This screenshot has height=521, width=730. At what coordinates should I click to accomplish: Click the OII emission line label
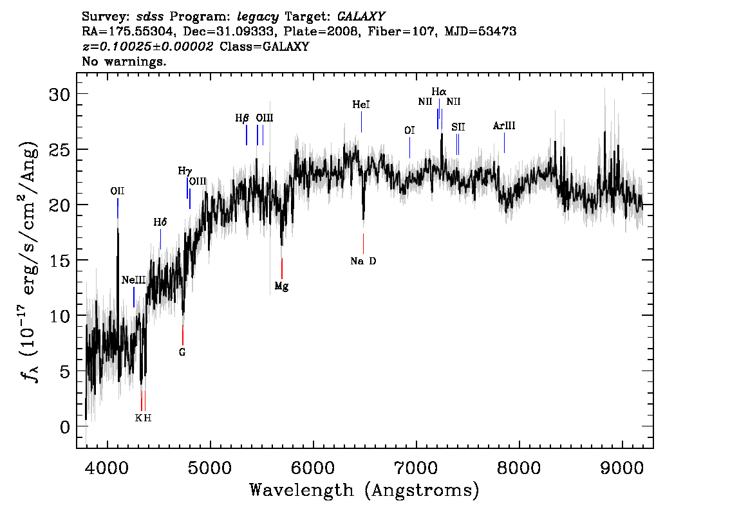tap(117, 191)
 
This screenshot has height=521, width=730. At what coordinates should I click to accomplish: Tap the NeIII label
tap(134, 280)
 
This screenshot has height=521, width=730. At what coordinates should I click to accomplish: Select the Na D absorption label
tap(363, 261)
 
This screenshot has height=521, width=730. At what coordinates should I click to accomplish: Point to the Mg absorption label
tap(282, 286)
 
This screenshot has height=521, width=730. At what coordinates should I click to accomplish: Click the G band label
tap(182, 352)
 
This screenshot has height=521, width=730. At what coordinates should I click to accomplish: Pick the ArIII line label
tap(504, 125)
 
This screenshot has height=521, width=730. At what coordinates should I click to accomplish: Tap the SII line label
tap(458, 127)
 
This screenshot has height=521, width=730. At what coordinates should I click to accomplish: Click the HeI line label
tap(361, 105)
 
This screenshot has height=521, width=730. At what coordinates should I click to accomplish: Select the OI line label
tap(409, 131)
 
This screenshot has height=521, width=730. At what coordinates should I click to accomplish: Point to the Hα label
tap(438, 91)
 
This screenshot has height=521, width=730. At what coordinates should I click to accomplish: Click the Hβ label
tap(242, 118)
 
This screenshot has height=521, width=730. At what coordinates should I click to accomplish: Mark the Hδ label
tap(160, 223)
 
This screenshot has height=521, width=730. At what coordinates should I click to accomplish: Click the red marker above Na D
tap(363, 244)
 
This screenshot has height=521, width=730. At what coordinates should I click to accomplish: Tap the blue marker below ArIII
tap(504, 143)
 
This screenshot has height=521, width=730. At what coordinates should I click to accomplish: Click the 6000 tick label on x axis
tap(313, 468)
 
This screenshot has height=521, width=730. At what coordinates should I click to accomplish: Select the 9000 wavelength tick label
tap(621, 468)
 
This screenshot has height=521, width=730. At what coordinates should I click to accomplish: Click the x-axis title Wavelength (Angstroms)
tap(364, 490)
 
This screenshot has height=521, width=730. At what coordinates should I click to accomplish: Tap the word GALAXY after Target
tap(360, 17)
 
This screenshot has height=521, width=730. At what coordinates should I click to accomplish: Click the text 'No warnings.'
tap(124, 61)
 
